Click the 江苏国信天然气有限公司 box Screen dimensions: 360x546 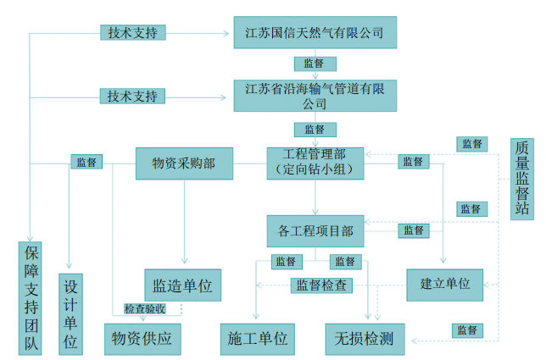click(x=315, y=35)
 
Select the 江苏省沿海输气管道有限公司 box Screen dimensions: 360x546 click(x=315, y=95)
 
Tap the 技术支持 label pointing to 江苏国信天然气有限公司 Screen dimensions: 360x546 click(x=131, y=33)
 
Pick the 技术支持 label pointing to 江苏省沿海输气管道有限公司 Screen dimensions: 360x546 click(x=131, y=96)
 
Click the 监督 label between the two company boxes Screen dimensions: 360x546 click(x=315, y=64)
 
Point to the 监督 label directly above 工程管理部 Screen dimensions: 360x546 click(x=315, y=130)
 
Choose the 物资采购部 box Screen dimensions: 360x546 click(x=184, y=163)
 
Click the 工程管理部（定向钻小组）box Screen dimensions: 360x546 click(x=315, y=163)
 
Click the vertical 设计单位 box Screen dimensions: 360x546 click(x=71, y=313)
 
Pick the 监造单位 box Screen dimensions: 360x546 click(x=182, y=285)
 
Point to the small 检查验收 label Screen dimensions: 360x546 click(x=151, y=309)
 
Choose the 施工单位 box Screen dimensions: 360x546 click(x=258, y=339)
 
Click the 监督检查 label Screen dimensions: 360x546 click(x=321, y=285)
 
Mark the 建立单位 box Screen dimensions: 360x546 click(x=444, y=284)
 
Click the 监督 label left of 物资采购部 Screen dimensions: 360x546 click(x=86, y=162)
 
